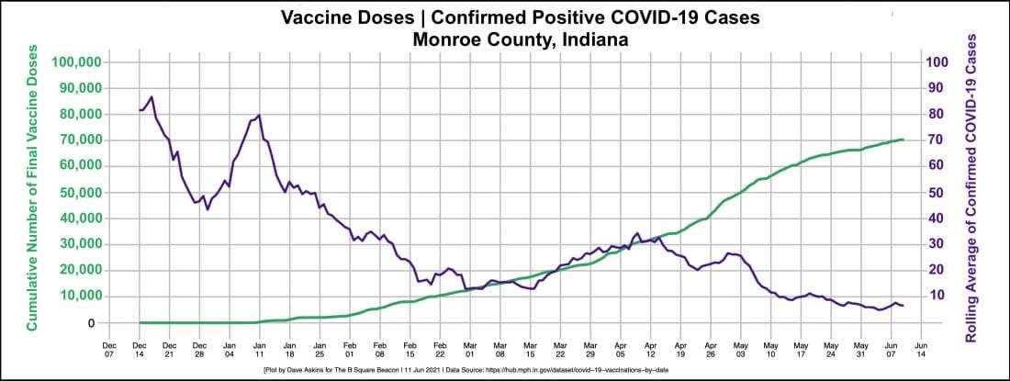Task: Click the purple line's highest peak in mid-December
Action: [x=151, y=96]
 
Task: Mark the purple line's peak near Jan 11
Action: [x=260, y=115]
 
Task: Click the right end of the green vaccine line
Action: [x=903, y=140]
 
